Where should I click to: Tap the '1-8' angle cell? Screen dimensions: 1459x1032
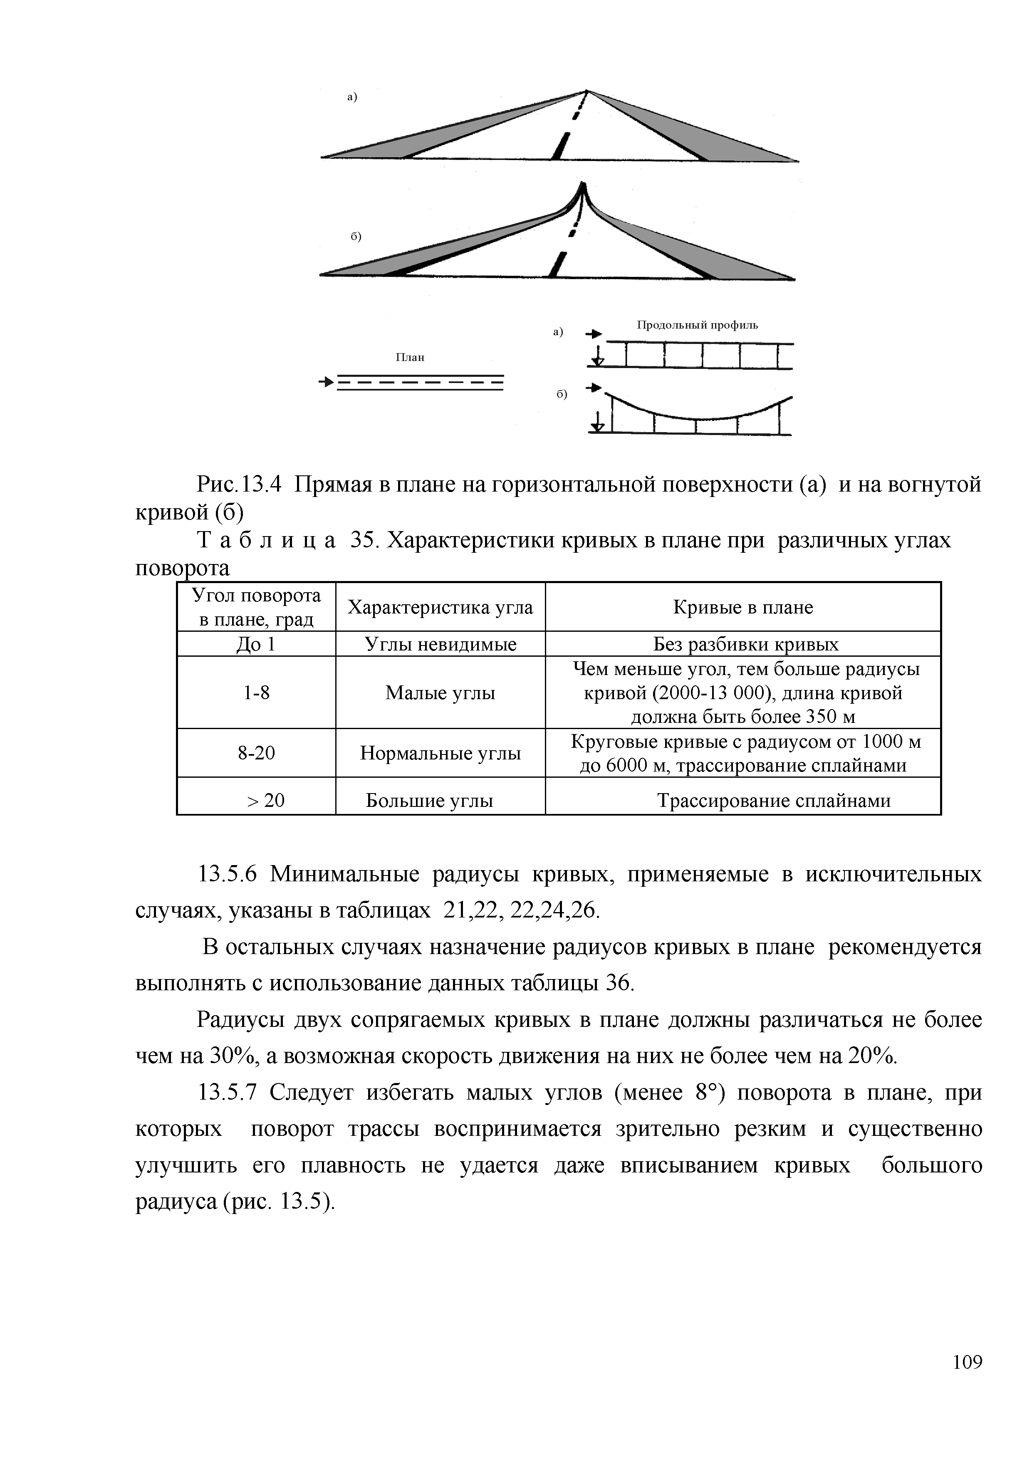click(256, 692)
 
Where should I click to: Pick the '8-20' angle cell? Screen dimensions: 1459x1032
click(256, 753)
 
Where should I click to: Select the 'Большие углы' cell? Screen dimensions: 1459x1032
click(430, 800)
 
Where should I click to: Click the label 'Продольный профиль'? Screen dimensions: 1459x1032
click(697, 325)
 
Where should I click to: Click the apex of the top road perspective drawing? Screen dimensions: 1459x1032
click(587, 91)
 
